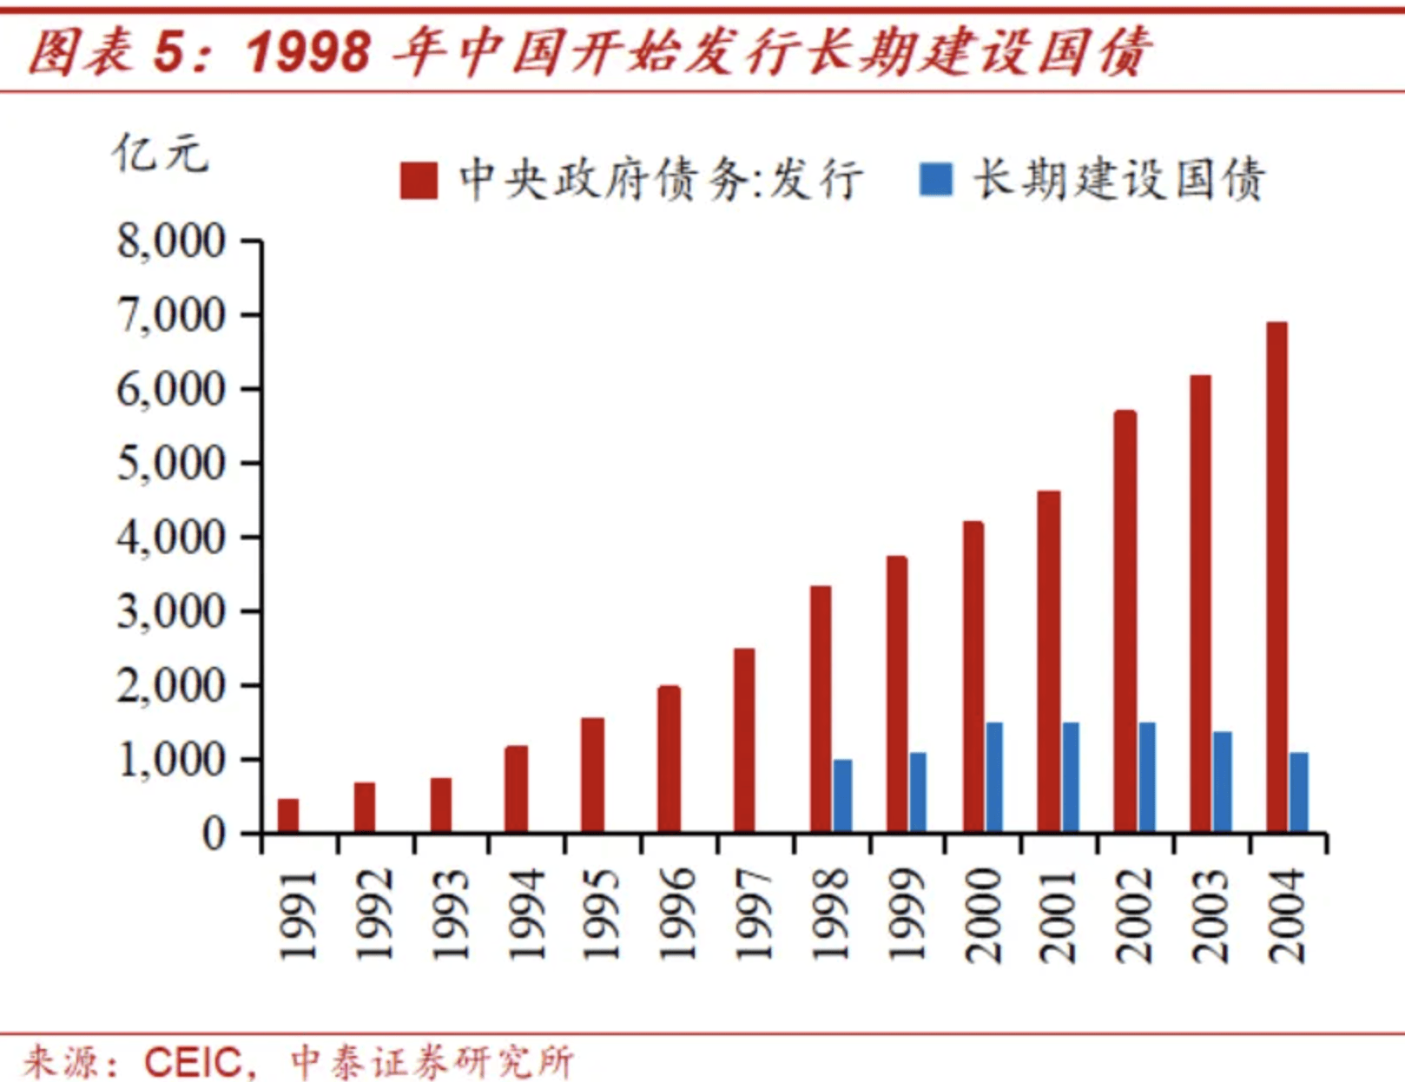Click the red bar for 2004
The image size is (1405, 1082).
(x=1276, y=577)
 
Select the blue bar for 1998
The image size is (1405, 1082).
(x=842, y=796)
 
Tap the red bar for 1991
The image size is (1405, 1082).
(x=288, y=815)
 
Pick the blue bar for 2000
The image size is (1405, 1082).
(x=994, y=777)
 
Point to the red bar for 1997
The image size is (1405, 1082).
(x=744, y=741)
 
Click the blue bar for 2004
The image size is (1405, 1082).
(x=1299, y=792)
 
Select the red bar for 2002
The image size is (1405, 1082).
(x=1125, y=622)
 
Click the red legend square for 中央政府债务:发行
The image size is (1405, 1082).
(x=419, y=181)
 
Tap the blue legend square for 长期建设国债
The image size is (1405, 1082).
(x=936, y=180)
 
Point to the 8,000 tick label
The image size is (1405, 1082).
(x=171, y=241)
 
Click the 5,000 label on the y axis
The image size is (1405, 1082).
(x=171, y=463)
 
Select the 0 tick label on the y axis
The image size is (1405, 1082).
(x=214, y=834)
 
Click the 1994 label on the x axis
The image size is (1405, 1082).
(x=525, y=914)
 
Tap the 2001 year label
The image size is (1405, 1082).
(x=1059, y=914)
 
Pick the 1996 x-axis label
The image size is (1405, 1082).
(x=677, y=914)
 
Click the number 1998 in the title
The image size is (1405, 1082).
(x=308, y=51)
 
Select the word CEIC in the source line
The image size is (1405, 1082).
(x=193, y=1062)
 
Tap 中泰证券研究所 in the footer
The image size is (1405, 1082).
(x=432, y=1062)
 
